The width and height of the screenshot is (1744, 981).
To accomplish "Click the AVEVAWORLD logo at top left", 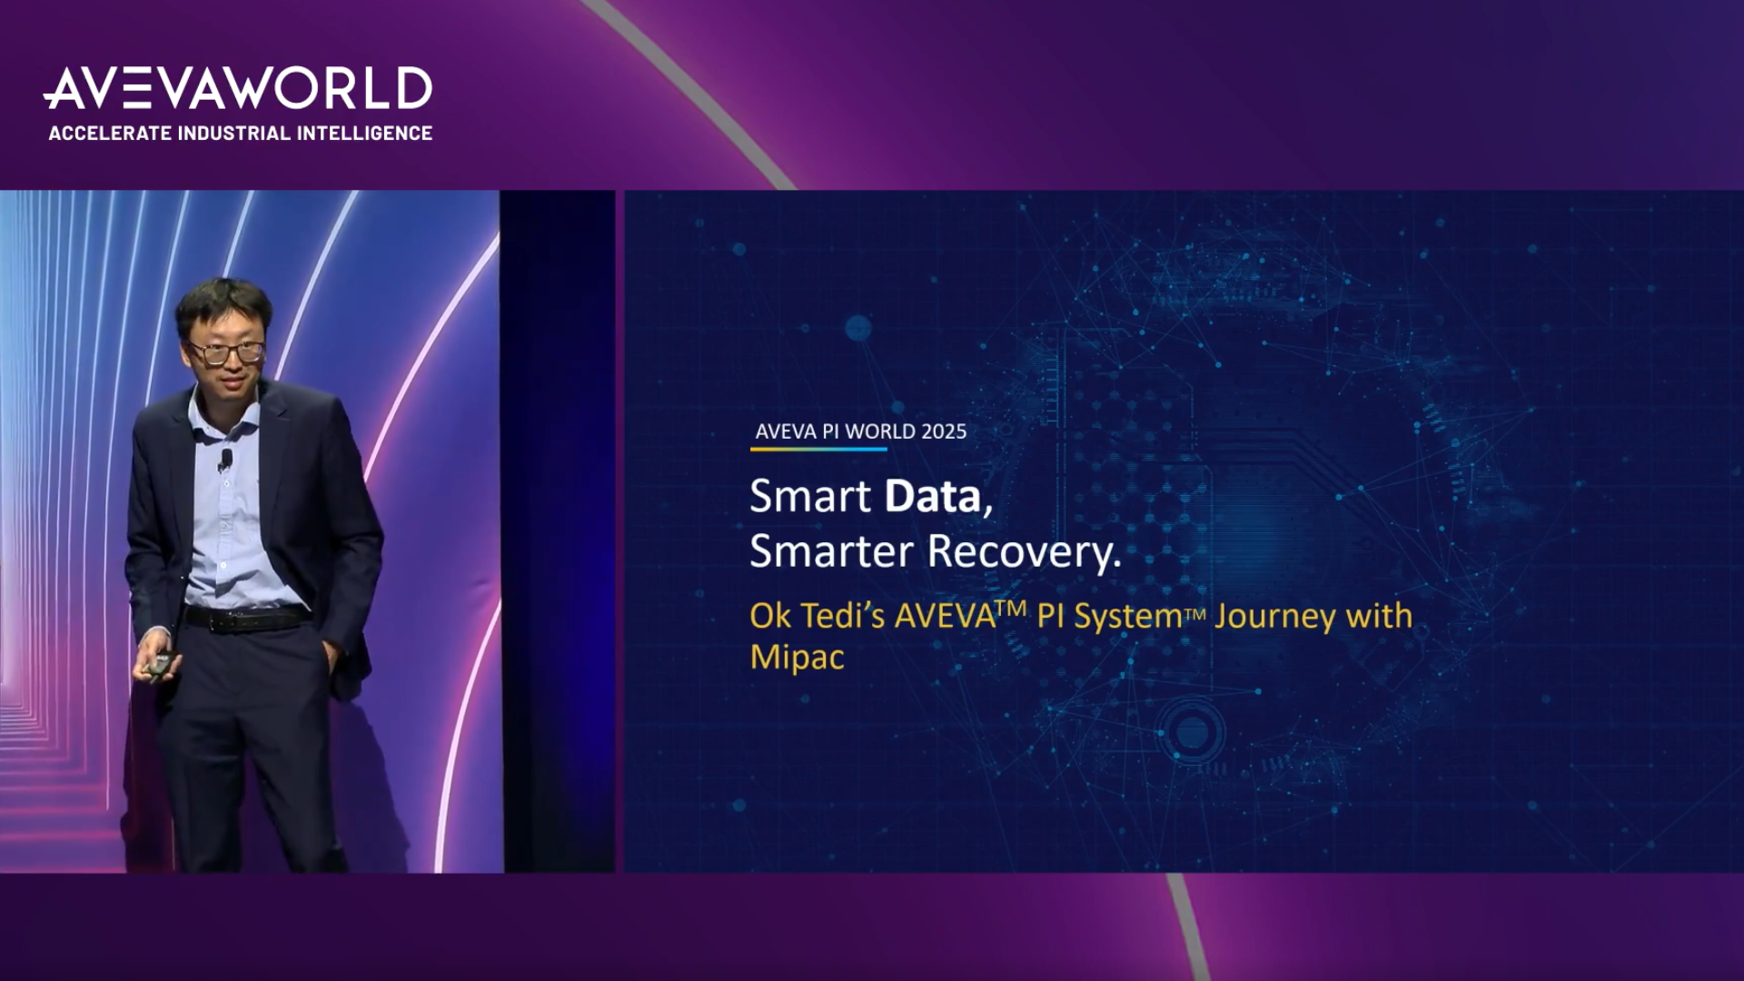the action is tap(238, 88).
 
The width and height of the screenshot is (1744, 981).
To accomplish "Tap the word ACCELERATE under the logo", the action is tap(110, 133).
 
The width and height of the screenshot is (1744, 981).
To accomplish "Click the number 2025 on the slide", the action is tap(944, 431).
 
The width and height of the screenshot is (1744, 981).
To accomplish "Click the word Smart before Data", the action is tap(810, 496).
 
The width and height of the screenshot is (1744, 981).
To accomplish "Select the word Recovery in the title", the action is tap(1025, 551).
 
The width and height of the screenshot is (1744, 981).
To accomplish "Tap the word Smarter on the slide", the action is tap(831, 551).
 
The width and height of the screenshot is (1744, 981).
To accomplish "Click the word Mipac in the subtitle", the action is tap(798, 657).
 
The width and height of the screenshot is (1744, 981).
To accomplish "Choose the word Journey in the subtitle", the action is tap(1275, 616).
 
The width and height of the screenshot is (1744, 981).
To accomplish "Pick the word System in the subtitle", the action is tap(1128, 616).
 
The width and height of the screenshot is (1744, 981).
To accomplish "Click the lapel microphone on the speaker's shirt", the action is tap(224, 461).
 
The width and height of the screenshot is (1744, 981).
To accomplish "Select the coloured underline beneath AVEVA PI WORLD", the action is tap(818, 449).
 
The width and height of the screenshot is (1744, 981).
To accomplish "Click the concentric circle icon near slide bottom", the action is tap(1191, 732).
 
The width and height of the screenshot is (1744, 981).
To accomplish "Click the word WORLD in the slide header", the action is tap(880, 431).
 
